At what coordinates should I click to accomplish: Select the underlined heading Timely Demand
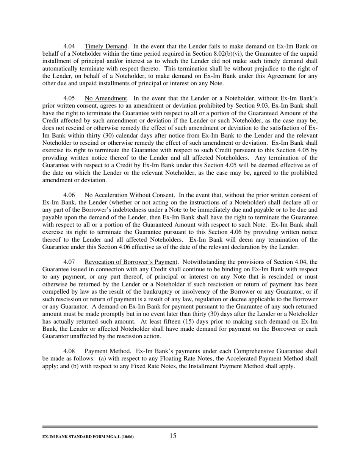coord(106,47)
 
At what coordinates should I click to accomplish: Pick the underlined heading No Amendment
coord(106,99)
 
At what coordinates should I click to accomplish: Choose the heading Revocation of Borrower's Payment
coord(131,262)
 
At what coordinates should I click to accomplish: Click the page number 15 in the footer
coord(173,436)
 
